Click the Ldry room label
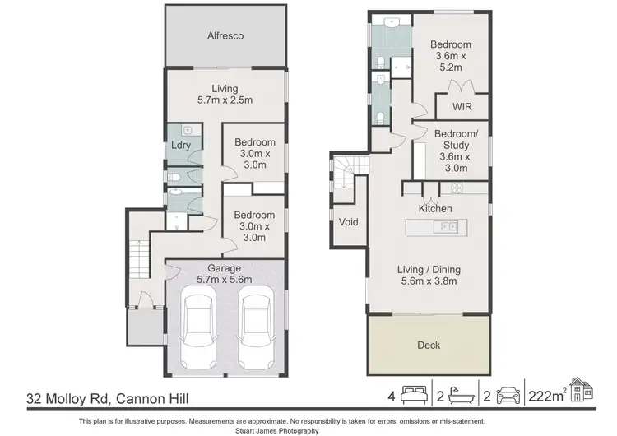tap(180, 146)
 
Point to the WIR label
tap(462, 106)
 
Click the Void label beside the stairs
tap(347, 221)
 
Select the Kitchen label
tap(435, 209)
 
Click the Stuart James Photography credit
tap(308, 429)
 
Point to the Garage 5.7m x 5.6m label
tap(224, 274)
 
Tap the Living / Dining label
tap(429, 276)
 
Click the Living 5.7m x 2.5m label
tap(224, 95)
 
